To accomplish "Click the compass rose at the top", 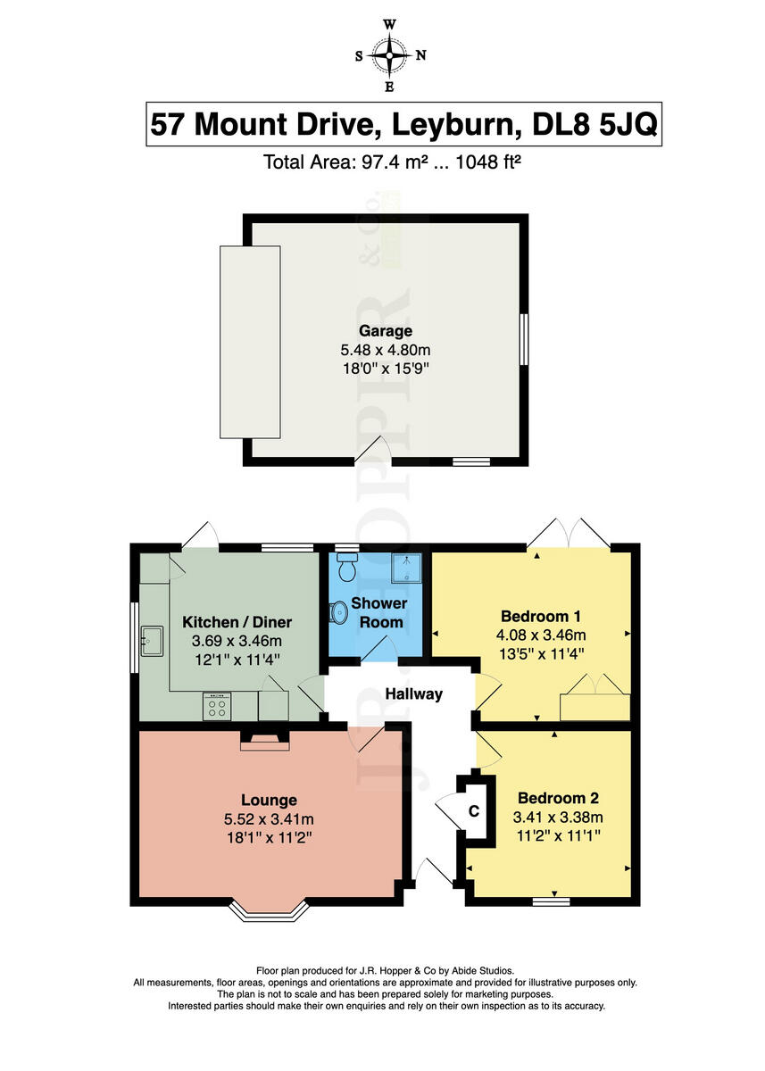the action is (389, 55).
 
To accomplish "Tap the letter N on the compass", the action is (420, 55).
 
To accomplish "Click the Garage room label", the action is (386, 330).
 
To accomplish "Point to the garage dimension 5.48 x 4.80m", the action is (386, 350).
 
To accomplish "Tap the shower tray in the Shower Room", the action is (407, 568).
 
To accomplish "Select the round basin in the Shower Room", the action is (339, 612).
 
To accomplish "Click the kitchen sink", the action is (152, 641).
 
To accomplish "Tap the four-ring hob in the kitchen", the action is (217, 706).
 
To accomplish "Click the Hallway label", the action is (414, 693).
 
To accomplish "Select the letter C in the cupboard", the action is (473, 810).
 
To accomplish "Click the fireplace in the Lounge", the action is (264, 741).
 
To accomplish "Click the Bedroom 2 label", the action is (558, 798).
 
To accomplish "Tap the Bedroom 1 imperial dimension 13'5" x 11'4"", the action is (541, 653).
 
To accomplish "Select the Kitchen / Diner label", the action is (237, 622).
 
